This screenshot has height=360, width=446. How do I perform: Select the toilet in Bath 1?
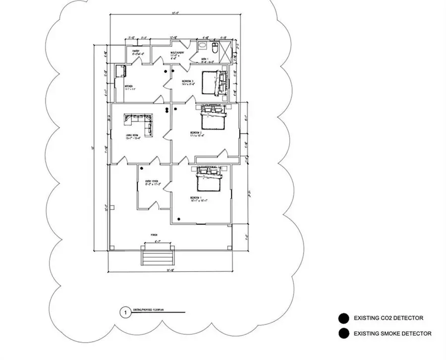(214, 49)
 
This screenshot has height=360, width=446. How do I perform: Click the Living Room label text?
(131, 137)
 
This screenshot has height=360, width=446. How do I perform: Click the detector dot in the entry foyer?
(141, 169)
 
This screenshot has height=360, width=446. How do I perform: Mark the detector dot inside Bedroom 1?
(180, 218)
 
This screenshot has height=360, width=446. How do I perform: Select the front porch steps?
(157, 257)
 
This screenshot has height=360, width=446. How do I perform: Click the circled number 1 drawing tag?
(126, 313)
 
